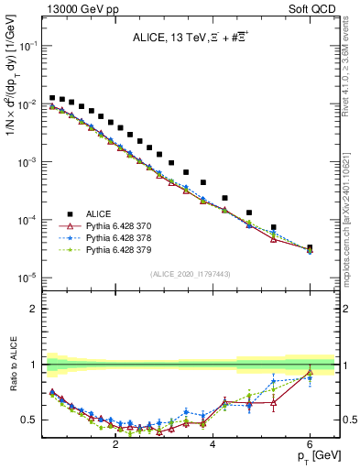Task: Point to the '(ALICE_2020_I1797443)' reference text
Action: tap(190, 274)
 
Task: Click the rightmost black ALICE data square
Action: tap(310, 247)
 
